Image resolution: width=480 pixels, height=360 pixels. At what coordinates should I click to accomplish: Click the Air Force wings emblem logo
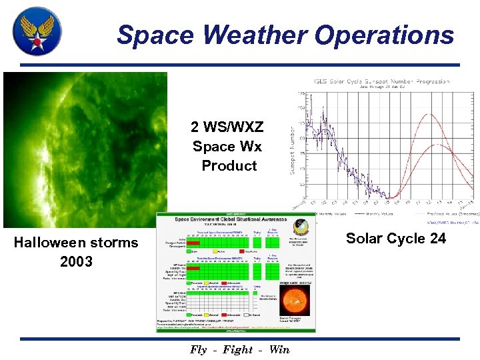(37, 31)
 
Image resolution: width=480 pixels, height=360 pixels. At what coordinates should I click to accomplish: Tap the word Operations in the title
(386, 34)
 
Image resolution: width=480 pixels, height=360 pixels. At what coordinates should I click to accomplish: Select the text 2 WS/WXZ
(227, 127)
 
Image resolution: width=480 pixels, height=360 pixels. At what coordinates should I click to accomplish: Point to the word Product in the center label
(229, 165)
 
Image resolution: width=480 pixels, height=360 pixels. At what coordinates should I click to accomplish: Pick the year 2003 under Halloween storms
(76, 261)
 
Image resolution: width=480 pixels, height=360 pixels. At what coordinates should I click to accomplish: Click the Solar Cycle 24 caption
(396, 238)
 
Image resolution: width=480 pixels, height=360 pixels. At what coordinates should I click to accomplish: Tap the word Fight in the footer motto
(238, 349)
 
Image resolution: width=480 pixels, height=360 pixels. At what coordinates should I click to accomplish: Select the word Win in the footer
(279, 349)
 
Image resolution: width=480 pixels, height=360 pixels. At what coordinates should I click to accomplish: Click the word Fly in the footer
(199, 349)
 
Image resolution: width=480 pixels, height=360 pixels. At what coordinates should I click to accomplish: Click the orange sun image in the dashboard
(297, 301)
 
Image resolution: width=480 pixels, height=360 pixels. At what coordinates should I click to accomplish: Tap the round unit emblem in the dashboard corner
(301, 227)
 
